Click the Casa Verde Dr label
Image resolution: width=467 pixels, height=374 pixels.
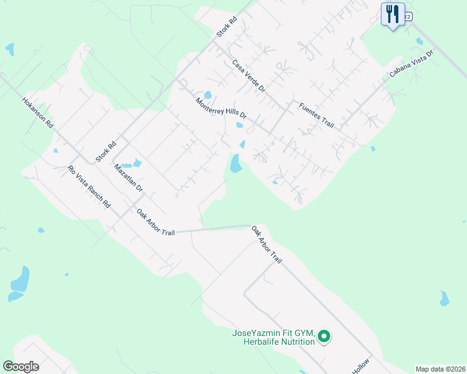pyautogui.click(x=248, y=76)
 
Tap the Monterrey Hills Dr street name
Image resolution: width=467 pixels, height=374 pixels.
pyautogui.click(x=221, y=108)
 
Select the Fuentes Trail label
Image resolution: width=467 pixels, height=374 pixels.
pyautogui.click(x=317, y=115)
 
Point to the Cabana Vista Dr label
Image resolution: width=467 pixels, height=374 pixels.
pyautogui.click(x=411, y=63)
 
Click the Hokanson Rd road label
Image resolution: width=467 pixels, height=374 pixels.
pyautogui.click(x=38, y=112)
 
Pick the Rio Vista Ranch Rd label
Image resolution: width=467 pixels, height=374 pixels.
pyautogui.click(x=89, y=186)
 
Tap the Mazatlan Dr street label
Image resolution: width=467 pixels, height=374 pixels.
pyautogui.click(x=129, y=178)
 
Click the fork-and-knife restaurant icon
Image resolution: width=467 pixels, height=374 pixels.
pyautogui.click(x=393, y=14)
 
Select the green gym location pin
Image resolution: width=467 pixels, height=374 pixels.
pyautogui.click(x=323, y=337)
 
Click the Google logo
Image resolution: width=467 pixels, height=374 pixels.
pyautogui.click(x=21, y=367)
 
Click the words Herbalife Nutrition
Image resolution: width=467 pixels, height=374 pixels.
pyautogui.click(x=273, y=342)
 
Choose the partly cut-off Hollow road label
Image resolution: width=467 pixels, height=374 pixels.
pyautogui.click(x=361, y=367)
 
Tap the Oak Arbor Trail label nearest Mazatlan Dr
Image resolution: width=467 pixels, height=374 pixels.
pyautogui.click(x=156, y=223)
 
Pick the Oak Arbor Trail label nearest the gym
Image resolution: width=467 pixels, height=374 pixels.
pyautogui.click(x=267, y=244)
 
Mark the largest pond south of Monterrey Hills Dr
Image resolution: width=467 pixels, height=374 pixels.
pyautogui.click(x=235, y=164)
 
